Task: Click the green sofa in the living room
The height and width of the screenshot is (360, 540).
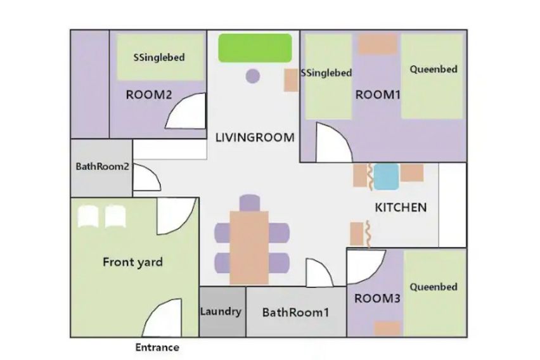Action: tap(255, 48)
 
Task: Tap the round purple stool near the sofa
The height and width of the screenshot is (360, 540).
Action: tap(253, 76)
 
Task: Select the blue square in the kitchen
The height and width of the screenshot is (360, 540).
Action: tap(387, 176)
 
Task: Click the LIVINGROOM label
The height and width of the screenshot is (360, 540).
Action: tap(255, 138)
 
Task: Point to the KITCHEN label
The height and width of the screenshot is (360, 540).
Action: tap(401, 207)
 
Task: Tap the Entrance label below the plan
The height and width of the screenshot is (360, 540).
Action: tap(157, 347)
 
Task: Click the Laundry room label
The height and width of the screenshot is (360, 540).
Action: tap(221, 311)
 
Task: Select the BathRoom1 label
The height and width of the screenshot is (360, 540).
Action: tap(295, 312)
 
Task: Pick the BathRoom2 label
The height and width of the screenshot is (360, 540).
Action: tap(102, 167)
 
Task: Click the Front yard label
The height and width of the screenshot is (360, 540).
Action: tap(132, 262)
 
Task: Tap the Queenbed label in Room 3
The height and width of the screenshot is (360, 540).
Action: tap(434, 287)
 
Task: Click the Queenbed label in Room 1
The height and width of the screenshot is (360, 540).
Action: tap(434, 69)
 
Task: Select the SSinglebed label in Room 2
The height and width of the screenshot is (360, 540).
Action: tap(159, 57)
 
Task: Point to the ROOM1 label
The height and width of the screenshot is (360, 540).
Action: tap(378, 94)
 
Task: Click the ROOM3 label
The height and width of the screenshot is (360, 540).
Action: tap(378, 299)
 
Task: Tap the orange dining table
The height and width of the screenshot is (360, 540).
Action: tap(249, 248)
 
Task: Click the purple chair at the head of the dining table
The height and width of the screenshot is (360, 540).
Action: tap(249, 203)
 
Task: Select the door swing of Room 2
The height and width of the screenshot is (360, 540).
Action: tap(186, 111)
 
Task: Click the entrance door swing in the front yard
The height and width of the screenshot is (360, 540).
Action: tap(162, 318)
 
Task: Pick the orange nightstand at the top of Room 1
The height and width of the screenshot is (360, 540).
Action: tap(378, 44)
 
